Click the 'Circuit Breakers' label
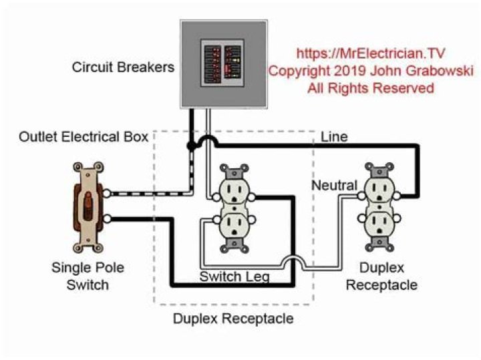click(x=124, y=67)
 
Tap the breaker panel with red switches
click(x=224, y=64)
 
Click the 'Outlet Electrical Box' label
click(x=83, y=137)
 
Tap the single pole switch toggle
click(x=88, y=204)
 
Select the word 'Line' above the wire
click(x=334, y=137)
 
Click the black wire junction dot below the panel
click(x=191, y=145)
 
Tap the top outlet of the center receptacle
click(x=234, y=192)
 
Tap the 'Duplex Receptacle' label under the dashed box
click(x=233, y=319)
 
